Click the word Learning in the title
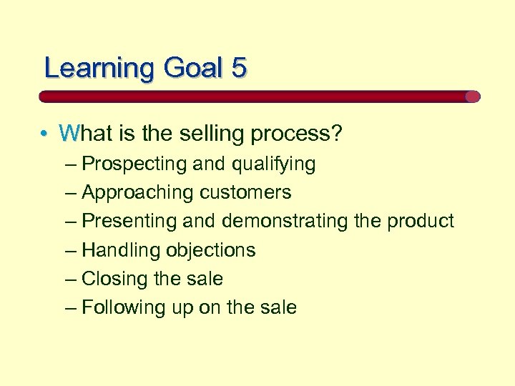point(99,68)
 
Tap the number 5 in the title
point(239,68)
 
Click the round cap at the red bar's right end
point(473,96)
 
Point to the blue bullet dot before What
point(44,134)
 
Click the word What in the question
point(87,133)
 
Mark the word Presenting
point(129,222)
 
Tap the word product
point(421,222)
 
